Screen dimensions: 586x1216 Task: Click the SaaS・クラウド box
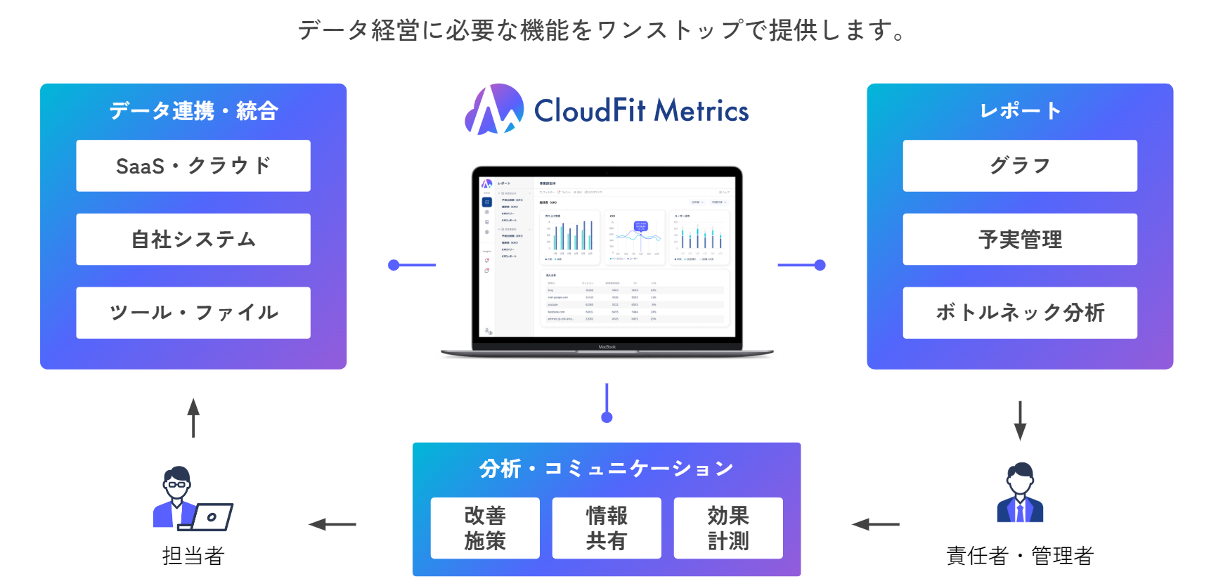[x=193, y=166]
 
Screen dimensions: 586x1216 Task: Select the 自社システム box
[x=193, y=239]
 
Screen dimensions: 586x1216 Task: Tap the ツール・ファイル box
[x=193, y=313]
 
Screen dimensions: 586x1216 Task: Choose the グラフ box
[x=1020, y=166]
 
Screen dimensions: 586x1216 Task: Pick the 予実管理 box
[x=1020, y=239]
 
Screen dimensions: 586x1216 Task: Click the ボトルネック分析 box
[x=1020, y=313]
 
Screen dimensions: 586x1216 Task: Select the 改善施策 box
[x=485, y=528]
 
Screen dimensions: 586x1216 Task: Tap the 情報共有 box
[x=607, y=528]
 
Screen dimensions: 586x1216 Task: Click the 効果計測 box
[x=728, y=528]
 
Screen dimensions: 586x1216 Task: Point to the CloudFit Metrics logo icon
[x=494, y=110]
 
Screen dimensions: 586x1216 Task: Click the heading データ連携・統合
[x=193, y=111]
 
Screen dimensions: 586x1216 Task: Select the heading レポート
[x=1020, y=111]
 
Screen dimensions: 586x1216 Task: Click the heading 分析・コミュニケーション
[x=607, y=469]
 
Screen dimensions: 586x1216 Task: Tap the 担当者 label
[x=193, y=556]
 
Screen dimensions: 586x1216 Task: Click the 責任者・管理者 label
[x=1020, y=556]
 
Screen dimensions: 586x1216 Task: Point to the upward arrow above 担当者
[x=193, y=418]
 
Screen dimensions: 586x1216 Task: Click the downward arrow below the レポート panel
[x=1020, y=420]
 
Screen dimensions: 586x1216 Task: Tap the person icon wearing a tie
[x=1020, y=493]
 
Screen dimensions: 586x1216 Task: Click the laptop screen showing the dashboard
[x=607, y=256]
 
